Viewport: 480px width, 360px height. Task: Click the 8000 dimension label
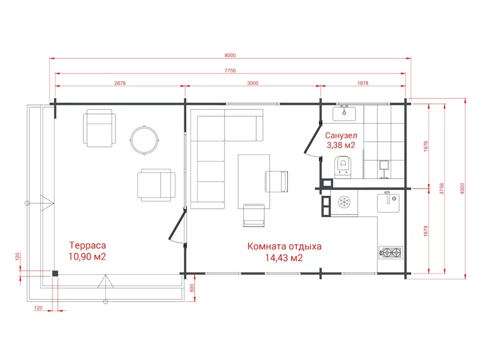pyautogui.click(x=230, y=55)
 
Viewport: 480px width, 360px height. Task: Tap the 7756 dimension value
pyautogui.click(x=230, y=70)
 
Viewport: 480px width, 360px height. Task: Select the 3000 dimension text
pyautogui.click(x=252, y=83)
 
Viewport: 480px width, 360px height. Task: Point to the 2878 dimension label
pyautogui.click(x=120, y=83)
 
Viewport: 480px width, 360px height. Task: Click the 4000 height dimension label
pyautogui.click(x=462, y=188)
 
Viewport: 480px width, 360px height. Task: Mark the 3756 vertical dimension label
pyautogui.click(x=441, y=188)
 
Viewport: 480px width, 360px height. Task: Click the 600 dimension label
pyautogui.click(x=192, y=288)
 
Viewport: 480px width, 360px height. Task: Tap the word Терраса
pyautogui.click(x=87, y=245)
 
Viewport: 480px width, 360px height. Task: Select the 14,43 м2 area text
pyautogui.click(x=284, y=258)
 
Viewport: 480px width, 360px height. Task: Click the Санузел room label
pyautogui.click(x=341, y=135)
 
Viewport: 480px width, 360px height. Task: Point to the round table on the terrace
pyautogui.click(x=144, y=140)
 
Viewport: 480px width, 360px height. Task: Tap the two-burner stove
pyautogui.click(x=390, y=252)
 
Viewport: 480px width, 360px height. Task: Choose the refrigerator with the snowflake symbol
pyautogui.click(x=344, y=202)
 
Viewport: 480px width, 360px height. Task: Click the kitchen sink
pyautogui.click(x=388, y=202)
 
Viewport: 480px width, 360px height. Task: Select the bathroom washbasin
pyautogui.click(x=344, y=113)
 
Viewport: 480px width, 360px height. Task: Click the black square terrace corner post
pyautogui.click(x=55, y=273)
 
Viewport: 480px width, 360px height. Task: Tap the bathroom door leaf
pyautogui.click(x=312, y=137)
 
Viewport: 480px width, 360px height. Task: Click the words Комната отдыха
pyautogui.click(x=284, y=246)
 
